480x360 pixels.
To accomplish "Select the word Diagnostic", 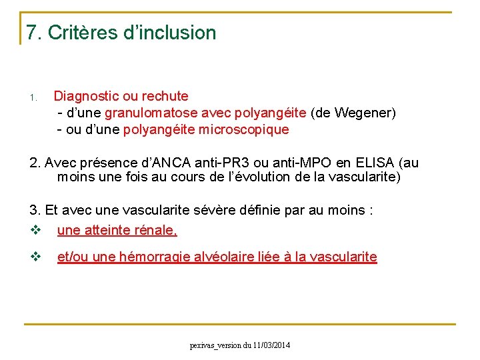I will [85, 96].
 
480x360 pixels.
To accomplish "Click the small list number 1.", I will [32, 99].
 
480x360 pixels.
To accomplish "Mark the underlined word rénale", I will [157, 230].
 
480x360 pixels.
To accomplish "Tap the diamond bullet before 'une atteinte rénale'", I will [35, 231].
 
